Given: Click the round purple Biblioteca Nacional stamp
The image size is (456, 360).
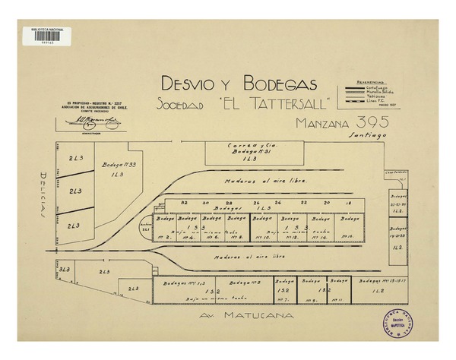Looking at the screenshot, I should pos(394,324).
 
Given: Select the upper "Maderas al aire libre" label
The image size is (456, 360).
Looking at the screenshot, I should pos(258,182).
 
